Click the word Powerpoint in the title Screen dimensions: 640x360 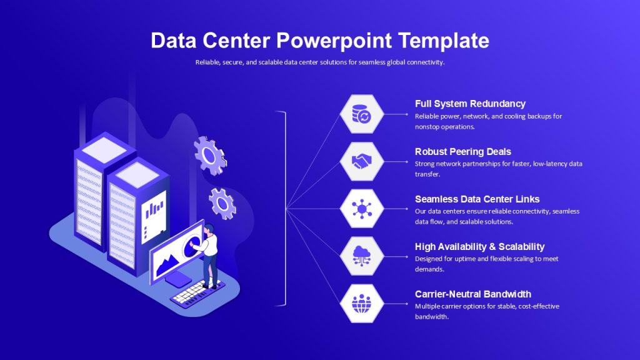334,41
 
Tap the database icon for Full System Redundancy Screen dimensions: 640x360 362,114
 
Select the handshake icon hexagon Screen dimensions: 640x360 362,162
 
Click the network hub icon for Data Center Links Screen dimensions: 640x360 362,209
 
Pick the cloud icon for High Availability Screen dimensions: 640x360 362,256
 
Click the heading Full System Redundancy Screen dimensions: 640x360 470,104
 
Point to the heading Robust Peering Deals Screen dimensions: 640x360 463,152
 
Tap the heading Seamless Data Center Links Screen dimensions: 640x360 477,199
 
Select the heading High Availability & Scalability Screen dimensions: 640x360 479,246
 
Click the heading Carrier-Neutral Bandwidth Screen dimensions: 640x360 473,294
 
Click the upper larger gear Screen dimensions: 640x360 210,156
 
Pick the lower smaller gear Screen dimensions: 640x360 222,203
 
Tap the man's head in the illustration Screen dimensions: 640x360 209,229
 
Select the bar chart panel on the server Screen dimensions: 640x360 154,217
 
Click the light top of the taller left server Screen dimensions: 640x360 104,150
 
